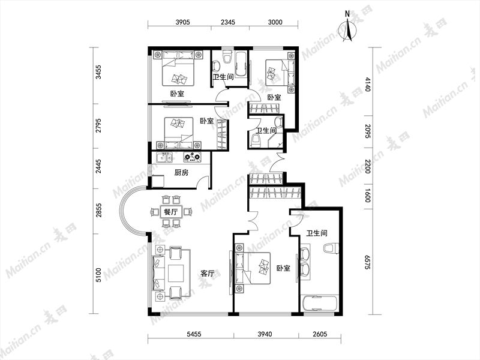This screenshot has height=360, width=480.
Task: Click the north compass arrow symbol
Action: (x=348, y=30)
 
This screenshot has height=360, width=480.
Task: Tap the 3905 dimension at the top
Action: (x=183, y=22)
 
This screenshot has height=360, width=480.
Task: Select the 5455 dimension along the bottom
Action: (x=194, y=334)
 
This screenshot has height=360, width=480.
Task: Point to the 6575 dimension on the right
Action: (x=368, y=261)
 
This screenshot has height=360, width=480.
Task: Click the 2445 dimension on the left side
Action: (x=98, y=166)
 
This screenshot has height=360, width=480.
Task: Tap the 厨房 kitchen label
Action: (x=181, y=173)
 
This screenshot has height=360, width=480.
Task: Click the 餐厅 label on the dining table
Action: (x=171, y=212)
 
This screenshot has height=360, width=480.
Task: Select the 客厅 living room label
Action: (x=207, y=274)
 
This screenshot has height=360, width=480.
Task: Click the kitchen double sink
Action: (x=164, y=158)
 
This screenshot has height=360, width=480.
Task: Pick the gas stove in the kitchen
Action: (x=192, y=157)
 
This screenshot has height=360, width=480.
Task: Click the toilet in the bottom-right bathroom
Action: (x=331, y=248)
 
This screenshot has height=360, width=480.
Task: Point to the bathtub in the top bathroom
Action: (x=242, y=64)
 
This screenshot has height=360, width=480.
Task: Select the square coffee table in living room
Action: (x=175, y=273)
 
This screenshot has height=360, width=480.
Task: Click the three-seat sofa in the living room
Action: (x=158, y=272)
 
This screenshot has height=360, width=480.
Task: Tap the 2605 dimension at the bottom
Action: (x=320, y=334)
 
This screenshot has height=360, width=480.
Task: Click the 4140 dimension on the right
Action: (x=368, y=84)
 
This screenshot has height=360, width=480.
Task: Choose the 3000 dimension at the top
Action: (x=275, y=22)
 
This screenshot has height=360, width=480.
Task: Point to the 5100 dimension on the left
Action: (x=98, y=275)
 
